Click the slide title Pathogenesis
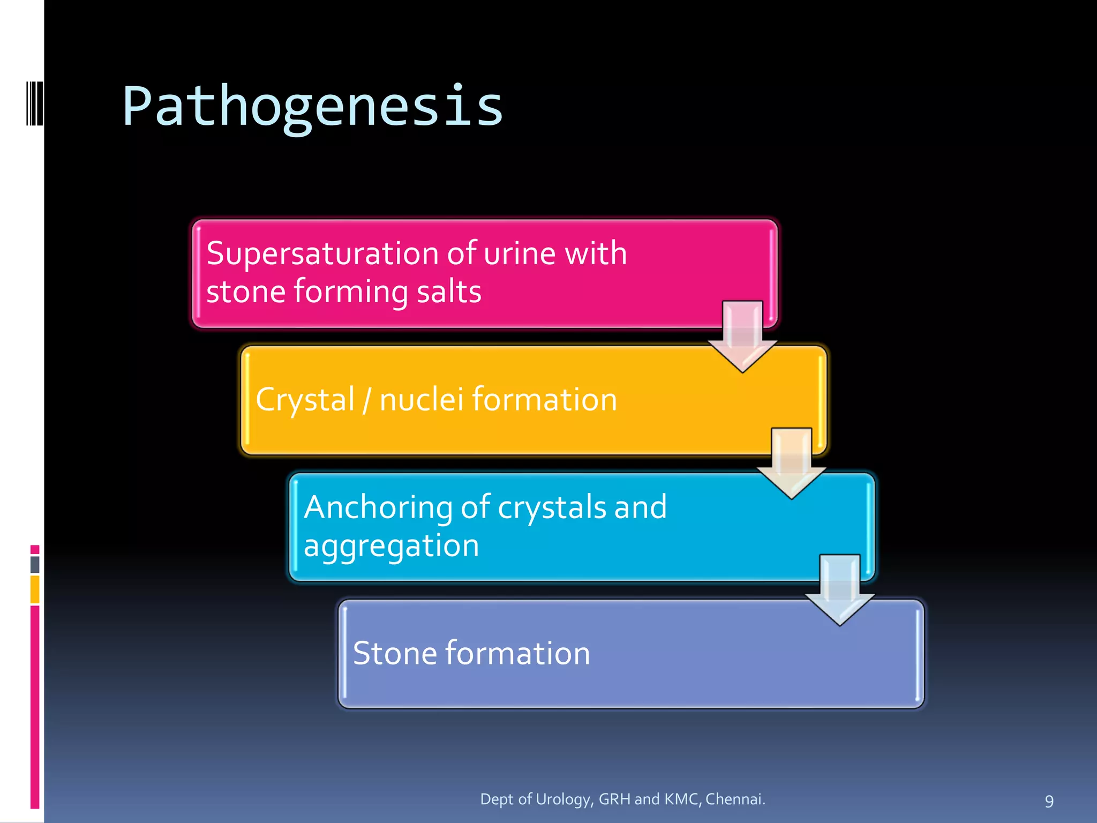tap(312, 107)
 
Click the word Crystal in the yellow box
tap(305, 400)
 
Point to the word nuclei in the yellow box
tap(421, 400)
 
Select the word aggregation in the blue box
tap(391, 546)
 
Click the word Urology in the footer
tap(563, 799)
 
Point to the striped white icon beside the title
tap(35, 103)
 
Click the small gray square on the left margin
tap(35, 564)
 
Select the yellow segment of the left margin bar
tap(35, 589)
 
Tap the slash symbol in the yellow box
tap(367, 400)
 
